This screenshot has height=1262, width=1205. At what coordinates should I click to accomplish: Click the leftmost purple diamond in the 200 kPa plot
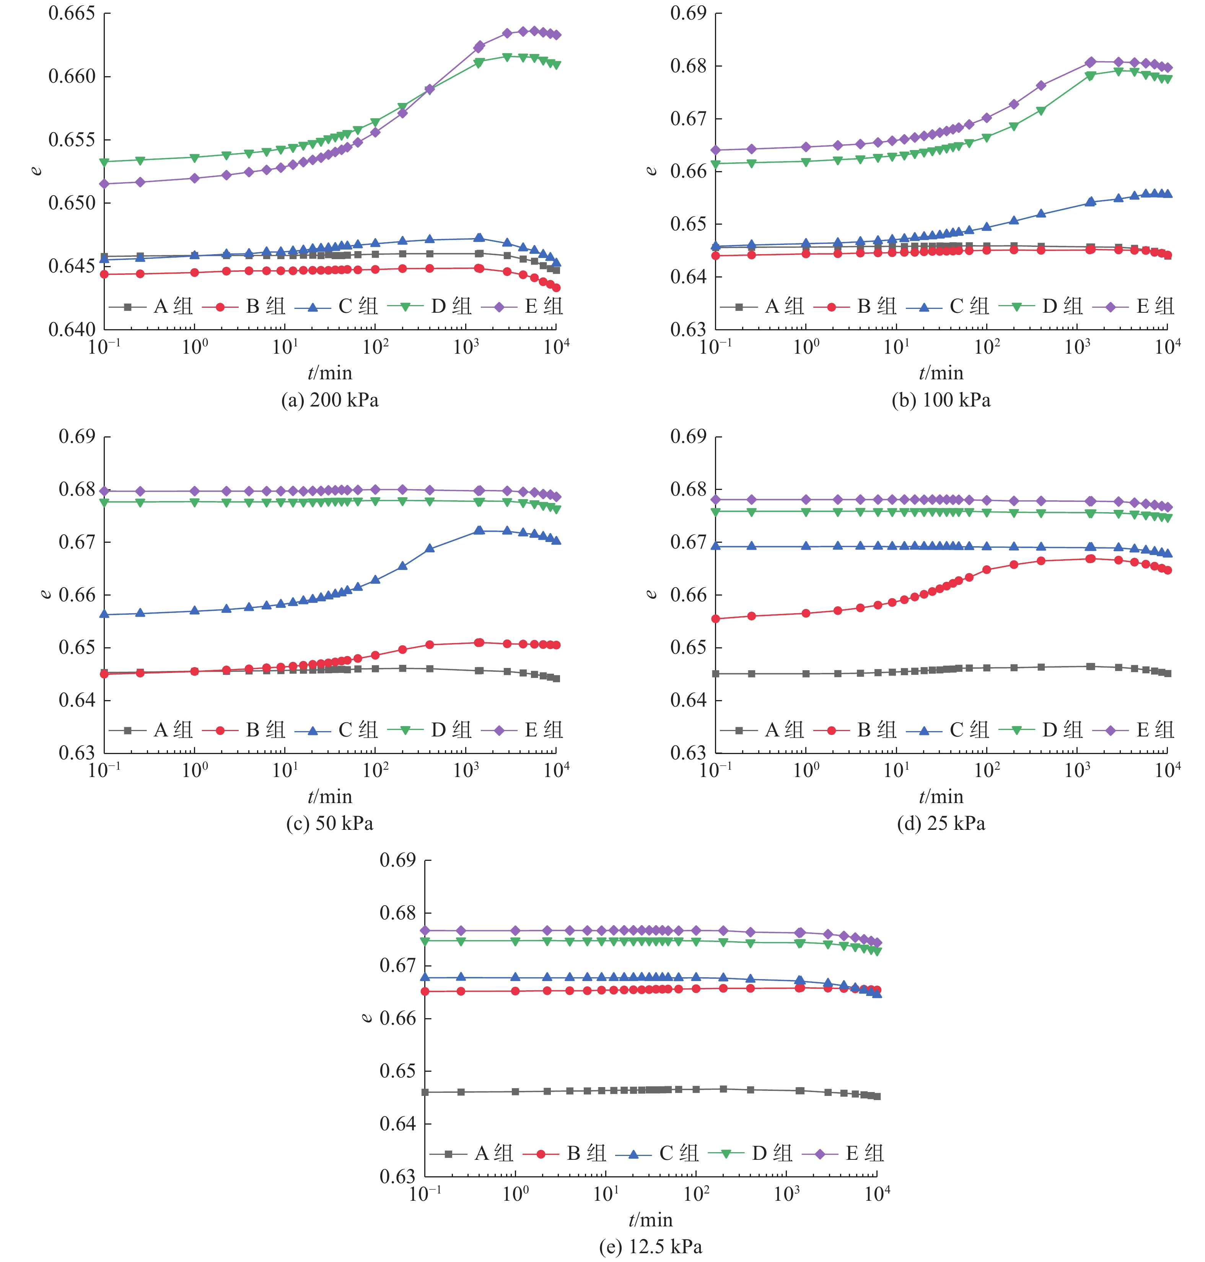(x=105, y=184)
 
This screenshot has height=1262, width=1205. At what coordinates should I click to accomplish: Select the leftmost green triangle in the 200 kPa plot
(x=105, y=162)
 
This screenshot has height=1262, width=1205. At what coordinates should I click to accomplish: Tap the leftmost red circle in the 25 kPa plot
(x=716, y=619)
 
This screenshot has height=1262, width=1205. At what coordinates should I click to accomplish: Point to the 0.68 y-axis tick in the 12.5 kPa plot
(x=397, y=913)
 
